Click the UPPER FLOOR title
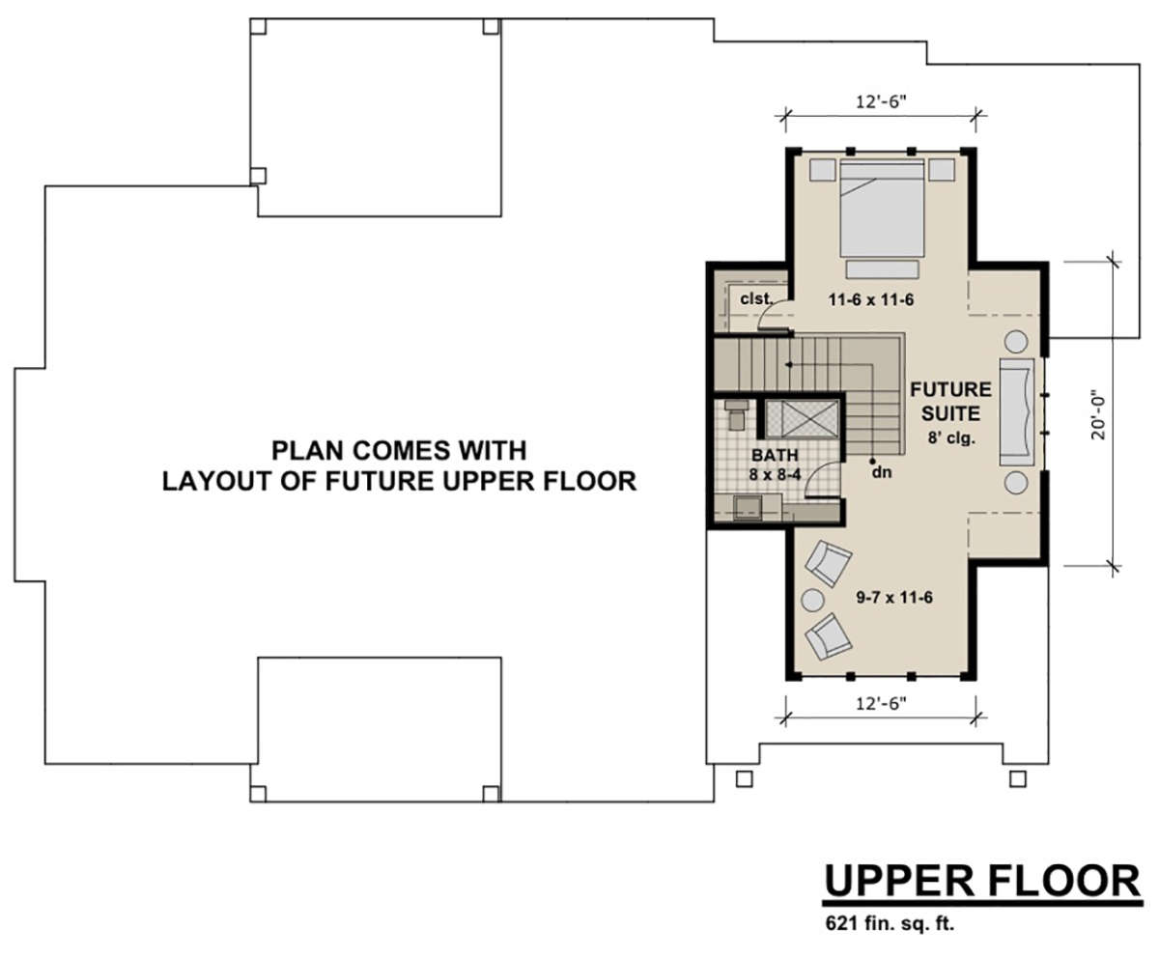(x=982, y=881)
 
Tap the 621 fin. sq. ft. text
(x=890, y=923)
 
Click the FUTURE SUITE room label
(x=950, y=402)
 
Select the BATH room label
(x=775, y=455)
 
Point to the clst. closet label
(x=756, y=298)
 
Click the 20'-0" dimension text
(x=1098, y=418)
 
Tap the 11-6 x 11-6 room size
(x=871, y=300)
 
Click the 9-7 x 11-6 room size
(x=894, y=598)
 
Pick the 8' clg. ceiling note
(x=951, y=437)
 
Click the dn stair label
(x=882, y=472)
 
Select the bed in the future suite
(x=882, y=209)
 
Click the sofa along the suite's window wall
(x=1017, y=411)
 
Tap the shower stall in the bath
(x=802, y=419)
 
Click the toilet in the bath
(x=736, y=414)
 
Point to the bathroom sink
(x=748, y=508)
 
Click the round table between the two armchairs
(x=812, y=600)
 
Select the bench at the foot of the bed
(x=882, y=269)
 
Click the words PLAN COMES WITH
(x=399, y=450)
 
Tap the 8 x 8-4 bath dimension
(x=775, y=474)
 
